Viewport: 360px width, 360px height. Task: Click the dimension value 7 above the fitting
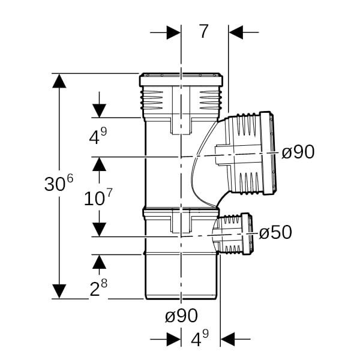204,31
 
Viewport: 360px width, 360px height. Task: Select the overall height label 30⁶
58,185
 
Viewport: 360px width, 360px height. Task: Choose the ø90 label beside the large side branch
298,152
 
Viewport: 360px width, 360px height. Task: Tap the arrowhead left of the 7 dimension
173,32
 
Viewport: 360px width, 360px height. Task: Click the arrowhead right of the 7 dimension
236,32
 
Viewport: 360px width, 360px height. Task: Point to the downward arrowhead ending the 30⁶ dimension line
59,291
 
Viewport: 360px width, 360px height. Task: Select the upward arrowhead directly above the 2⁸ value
99,262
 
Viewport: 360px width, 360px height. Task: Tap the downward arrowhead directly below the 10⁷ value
99,229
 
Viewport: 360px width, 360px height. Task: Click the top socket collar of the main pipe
181,80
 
